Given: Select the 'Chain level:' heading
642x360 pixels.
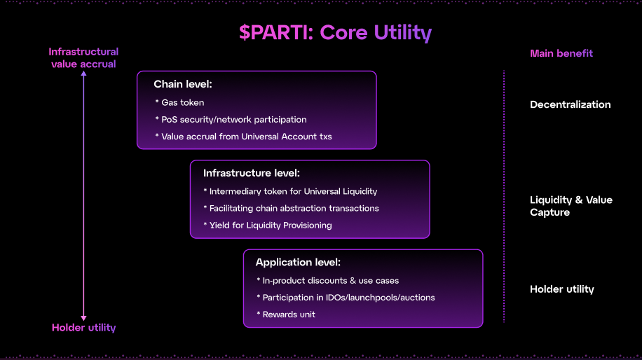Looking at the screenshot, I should tap(183, 84).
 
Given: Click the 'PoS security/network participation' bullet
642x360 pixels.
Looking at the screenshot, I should tap(233, 120).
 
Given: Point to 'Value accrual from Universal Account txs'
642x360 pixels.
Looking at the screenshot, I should tap(246, 137).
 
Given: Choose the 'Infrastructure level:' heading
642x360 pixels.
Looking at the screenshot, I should tap(252, 173).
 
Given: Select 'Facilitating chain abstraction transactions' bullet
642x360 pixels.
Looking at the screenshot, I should tap(294, 208).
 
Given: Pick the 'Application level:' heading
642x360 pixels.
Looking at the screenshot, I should tap(298, 263).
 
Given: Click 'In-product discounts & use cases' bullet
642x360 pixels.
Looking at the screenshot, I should tap(330, 281).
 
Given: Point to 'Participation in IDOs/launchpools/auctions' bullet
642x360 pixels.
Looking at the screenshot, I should tap(348, 298).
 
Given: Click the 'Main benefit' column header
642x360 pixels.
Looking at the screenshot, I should tap(561, 53).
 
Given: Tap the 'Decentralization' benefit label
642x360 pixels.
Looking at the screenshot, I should tap(571, 104).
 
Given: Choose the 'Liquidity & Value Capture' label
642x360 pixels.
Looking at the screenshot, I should tap(571, 206).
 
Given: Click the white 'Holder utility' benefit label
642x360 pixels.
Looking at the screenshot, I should tap(562, 289).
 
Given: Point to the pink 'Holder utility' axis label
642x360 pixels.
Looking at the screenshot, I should tap(83, 328).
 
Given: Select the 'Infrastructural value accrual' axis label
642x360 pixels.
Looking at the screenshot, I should tap(83, 57).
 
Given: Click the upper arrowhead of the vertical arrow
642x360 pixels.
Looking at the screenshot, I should tap(83, 74).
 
